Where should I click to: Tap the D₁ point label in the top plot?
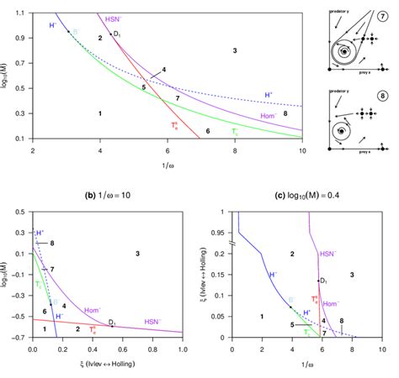(118, 34)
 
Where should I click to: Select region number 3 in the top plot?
(235, 51)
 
